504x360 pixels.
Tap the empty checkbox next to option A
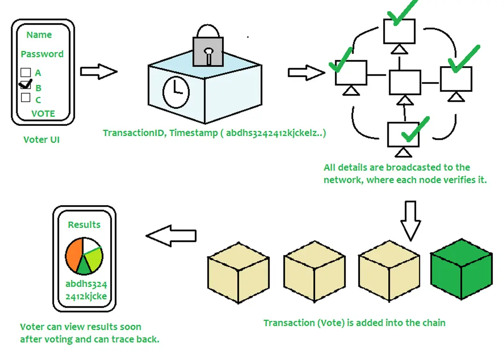click(26, 73)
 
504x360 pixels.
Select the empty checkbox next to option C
click(26, 98)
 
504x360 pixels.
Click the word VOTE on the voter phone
click(43, 113)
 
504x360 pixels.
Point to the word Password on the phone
click(42, 54)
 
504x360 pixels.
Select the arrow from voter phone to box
click(98, 71)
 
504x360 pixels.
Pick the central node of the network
click(405, 83)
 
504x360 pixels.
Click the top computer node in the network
click(399, 31)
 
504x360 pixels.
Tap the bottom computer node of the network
click(403, 133)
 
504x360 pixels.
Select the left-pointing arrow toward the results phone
click(171, 236)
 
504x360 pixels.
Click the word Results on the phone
click(84, 225)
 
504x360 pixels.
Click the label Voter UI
click(42, 139)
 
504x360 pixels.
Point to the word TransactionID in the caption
click(134, 133)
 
